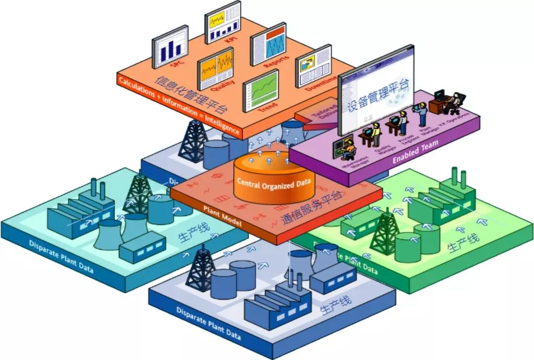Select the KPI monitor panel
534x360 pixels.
(x=222, y=22)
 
